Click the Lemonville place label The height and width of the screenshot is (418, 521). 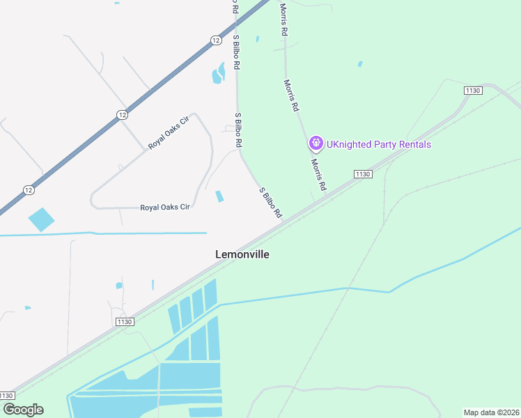coord(242,255)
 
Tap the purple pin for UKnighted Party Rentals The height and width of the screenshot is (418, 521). coord(316,144)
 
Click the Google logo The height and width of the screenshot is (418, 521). coord(23,410)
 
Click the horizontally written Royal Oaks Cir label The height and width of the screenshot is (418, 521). coord(165,207)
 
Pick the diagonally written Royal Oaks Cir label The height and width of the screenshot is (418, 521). coord(169,132)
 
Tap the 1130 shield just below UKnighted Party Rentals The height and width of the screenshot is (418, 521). coord(362,174)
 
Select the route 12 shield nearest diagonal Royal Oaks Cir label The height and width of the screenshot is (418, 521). coord(122,114)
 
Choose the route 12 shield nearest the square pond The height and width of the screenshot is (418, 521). coord(28,189)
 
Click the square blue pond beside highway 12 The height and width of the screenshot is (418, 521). coord(41,219)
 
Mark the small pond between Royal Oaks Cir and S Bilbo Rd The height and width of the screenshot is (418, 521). coord(220,196)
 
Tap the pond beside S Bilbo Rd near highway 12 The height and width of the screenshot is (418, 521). coord(219,72)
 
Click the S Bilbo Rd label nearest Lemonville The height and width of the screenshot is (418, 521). coord(270,202)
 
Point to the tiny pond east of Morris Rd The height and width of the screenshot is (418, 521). coord(360,64)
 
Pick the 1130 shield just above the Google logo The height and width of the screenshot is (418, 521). coord(8,395)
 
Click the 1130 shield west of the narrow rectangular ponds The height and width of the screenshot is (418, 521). coord(124,321)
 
